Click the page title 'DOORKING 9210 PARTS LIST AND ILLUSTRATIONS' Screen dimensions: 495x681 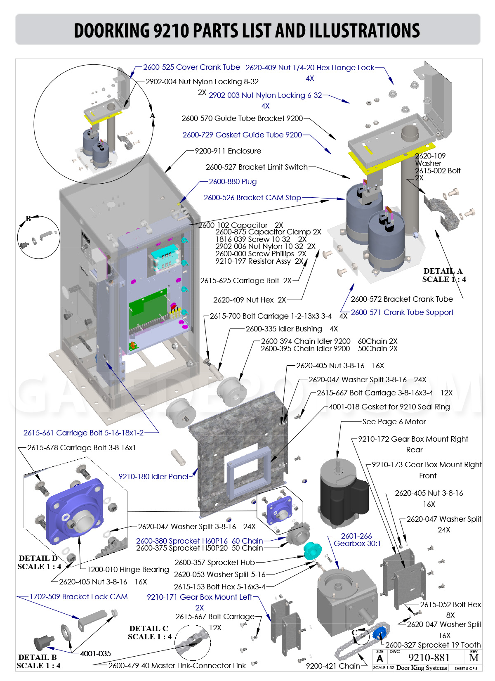click(x=247, y=31)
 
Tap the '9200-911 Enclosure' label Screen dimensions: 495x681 click(x=228, y=151)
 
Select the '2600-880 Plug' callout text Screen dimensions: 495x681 click(x=233, y=182)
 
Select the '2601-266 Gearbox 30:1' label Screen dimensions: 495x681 click(x=357, y=539)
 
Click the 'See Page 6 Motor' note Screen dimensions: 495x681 click(x=394, y=422)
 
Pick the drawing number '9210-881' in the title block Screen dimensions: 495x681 click(x=429, y=657)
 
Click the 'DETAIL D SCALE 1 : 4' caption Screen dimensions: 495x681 click(x=39, y=563)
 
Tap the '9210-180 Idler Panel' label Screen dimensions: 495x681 click(x=153, y=476)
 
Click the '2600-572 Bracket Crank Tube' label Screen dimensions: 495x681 click(x=402, y=299)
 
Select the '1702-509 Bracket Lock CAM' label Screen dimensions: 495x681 click(x=79, y=596)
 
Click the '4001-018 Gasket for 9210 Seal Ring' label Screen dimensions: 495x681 click(x=389, y=407)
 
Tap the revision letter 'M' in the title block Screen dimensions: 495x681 click(x=474, y=658)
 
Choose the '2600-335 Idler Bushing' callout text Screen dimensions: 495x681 click(x=283, y=329)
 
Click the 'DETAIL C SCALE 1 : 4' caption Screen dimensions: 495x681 click(x=149, y=632)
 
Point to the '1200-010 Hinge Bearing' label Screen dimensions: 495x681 click(x=128, y=570)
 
